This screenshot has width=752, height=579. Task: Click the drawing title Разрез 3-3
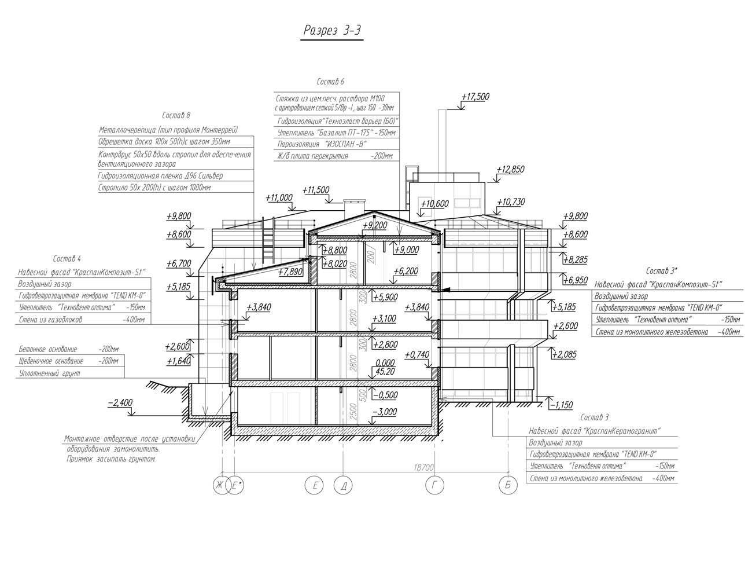tap(333, 31)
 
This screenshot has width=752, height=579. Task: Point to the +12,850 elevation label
tap(510, 170)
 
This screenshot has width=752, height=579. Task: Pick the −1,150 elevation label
tap(562, 405)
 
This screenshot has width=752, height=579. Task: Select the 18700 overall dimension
tap(423, 467)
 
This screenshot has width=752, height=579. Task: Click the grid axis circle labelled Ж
tap(220, 486)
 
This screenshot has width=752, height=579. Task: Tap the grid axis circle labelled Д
tap(344, 486)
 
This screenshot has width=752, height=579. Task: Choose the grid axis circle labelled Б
tap(508, 485)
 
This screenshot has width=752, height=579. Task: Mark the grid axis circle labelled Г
tap(434, 486)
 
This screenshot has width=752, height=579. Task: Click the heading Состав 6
tap(330, 82)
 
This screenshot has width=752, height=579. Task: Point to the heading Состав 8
tap(176, 116)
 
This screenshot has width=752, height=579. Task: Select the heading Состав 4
tap(67, 258)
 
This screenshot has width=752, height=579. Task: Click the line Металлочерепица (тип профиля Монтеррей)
tap(168, 130)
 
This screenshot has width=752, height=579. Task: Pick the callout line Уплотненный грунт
tap(49, 373)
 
